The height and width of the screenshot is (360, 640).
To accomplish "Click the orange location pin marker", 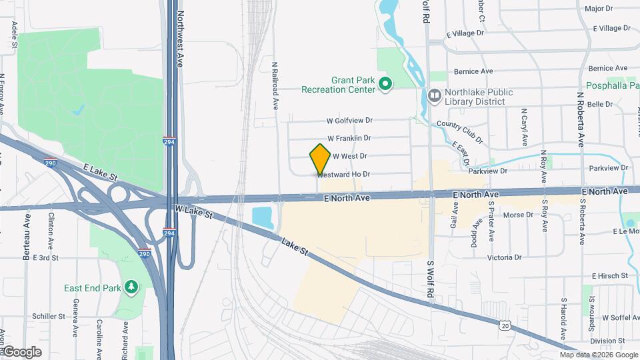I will click(320, 159).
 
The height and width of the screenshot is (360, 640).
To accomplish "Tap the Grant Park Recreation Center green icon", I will click(385, 84).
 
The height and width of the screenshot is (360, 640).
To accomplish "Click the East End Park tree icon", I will click(131, 287).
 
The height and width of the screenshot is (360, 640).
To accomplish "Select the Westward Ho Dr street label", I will click(344, 174).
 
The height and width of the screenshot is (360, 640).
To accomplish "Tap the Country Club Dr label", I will click(459, 131).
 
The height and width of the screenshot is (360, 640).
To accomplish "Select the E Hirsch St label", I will click(610, 275).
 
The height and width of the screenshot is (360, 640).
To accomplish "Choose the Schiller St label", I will click(48, 316).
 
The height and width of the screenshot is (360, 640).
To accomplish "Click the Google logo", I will click(21, 352).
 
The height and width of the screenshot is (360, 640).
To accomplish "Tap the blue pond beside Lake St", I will click(262, 217).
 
